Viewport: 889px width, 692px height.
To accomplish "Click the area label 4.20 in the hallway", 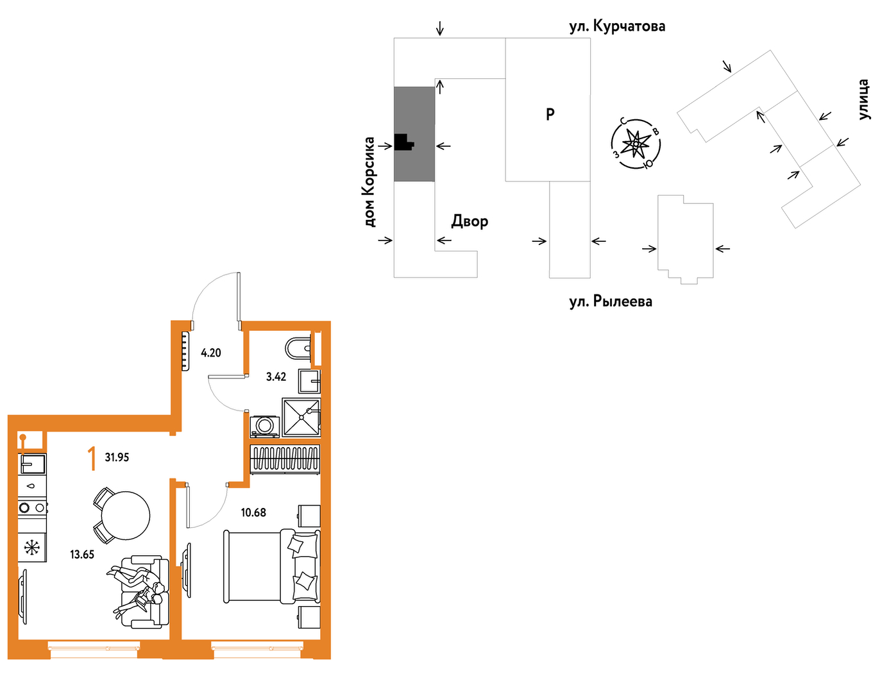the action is tap(210, 353).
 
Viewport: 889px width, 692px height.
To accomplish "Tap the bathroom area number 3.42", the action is tap(276, 376).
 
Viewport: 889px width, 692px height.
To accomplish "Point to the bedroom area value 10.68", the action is tap(253, 512).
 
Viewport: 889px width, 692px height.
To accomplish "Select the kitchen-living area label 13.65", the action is tap(82, 555).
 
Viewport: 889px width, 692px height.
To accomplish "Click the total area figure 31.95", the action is tap(117, 457).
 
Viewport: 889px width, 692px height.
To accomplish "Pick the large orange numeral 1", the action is tap(92, 459).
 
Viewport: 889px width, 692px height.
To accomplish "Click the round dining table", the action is tap(126, 516).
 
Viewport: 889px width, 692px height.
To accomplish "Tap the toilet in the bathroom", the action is tap(298, 348).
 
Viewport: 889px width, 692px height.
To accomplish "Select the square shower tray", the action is tap(301, 417).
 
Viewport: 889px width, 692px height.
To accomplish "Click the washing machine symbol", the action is tap(264, 426).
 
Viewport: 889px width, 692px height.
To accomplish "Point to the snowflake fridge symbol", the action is tap(31, 548).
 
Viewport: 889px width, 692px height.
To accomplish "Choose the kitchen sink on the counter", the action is tap(32, 464).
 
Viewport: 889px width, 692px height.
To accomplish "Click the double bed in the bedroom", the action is tap(271, 566).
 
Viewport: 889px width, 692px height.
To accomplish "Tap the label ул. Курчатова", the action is tap(617, 26).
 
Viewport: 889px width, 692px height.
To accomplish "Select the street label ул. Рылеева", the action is tap(611, 302).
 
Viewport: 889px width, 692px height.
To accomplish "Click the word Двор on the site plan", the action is tap(470, 221).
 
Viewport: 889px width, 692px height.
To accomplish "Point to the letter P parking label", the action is tap(550, 114).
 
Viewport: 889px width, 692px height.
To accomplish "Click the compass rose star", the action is tap(636, 144).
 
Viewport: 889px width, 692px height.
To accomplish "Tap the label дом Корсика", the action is tap(369, 182).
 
